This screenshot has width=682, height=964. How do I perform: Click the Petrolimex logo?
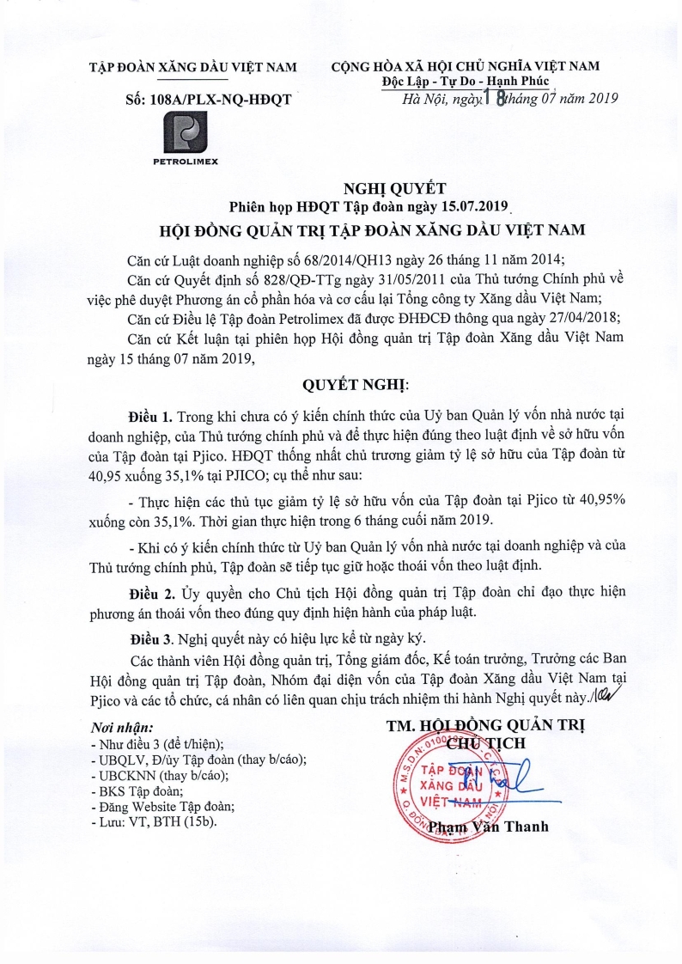186,136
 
